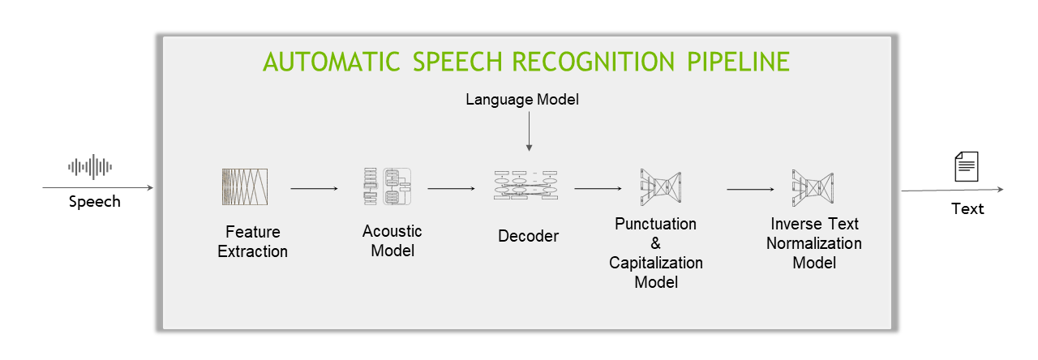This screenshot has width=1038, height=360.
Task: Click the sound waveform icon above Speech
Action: point(90,167)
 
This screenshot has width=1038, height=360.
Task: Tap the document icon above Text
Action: point(966,167)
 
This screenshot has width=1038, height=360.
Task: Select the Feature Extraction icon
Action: point(244,186)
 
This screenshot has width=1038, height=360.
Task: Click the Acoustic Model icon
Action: point(387,186)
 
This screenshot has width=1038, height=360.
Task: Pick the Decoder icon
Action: point(525,186)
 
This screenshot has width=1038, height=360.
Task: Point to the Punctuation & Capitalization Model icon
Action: point(659,186)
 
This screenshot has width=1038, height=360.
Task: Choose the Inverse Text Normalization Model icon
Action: point(812,186)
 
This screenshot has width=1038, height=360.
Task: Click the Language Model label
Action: point(523,100)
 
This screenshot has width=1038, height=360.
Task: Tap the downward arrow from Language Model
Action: point(529,130)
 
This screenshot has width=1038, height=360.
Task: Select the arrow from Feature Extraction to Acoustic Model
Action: point(314,189)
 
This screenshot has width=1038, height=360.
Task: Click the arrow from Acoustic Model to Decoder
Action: point(451,189)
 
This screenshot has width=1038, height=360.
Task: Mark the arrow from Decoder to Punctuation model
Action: point(598,189)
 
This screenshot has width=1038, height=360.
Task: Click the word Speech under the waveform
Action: point(94,201)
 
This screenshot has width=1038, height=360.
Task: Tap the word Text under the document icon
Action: point(967,208)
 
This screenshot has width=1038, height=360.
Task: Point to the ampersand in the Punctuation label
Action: point(655,243)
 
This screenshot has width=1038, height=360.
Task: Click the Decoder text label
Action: point(528,236)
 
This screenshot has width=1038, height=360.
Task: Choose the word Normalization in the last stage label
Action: point(814,243)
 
